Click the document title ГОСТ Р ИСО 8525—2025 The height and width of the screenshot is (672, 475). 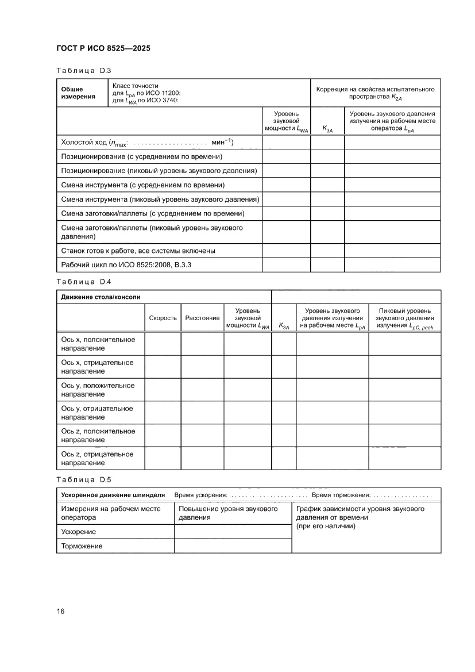click(x=103, y=48)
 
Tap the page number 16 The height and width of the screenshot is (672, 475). click(x=60, y=610)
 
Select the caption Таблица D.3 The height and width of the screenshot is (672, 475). click(x=83, y=71)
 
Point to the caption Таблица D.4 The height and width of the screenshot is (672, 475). click(x=83, y=282)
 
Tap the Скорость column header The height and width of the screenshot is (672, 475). click(x=163, y=318)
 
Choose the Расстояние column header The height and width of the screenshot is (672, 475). click(x=202, y=318)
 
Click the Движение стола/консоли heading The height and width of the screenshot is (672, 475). click(x=101, y=297)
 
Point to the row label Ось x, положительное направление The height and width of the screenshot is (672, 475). click(x=98, y=344)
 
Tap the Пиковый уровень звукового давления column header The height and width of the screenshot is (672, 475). click(x=404, y=318)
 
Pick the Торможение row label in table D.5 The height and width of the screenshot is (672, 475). click(x=82, y=546)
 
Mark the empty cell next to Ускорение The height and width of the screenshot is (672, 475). click(x=232, y=532)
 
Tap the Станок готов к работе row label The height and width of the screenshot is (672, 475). click(x=138, y=251)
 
